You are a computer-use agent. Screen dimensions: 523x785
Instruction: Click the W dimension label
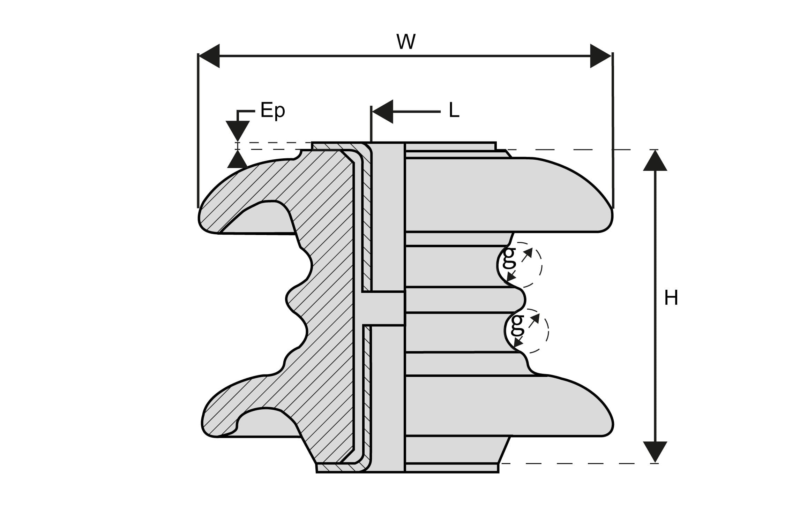(x=406, y=42)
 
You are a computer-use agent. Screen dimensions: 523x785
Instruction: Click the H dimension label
(x=671, y=298)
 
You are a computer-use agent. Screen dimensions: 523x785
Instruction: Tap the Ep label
(x=272, y=110)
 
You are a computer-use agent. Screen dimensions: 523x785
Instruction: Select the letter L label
(x=454, y=111)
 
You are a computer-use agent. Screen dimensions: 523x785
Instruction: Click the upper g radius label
(x=509, y=257)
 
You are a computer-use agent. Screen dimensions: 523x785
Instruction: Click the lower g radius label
(x=517, y=324)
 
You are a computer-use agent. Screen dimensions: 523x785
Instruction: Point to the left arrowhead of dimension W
(x=209, y=56)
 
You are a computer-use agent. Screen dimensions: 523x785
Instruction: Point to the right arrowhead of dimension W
(x=600, y=56)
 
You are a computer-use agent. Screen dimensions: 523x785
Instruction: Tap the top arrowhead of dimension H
(x=655, y=161)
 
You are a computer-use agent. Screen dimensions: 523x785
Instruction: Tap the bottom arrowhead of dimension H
(x=655, y=452)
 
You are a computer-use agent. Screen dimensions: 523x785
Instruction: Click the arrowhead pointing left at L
(x=383, y=112)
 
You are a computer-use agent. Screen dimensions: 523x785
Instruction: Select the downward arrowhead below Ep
(x=238, y=130)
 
